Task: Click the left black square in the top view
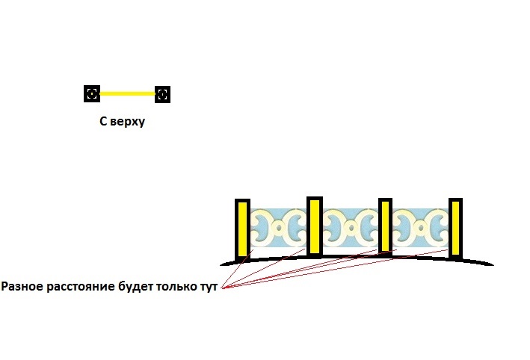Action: coord(91,93)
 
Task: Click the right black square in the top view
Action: coord(162,94)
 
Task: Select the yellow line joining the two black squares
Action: coord(127,94)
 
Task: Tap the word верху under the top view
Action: coord(127,122)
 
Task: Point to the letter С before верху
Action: coord(103,122)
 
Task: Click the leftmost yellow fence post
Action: coord(242,229)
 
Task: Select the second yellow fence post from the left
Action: coord(315,226)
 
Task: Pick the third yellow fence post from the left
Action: coord(385,226)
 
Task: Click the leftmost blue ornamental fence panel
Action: coord(278,228)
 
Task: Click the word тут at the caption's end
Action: coord(210,287)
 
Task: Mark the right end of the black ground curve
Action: coord(492,264)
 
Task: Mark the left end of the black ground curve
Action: coord(222,264)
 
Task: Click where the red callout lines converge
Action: coord(223,288)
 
